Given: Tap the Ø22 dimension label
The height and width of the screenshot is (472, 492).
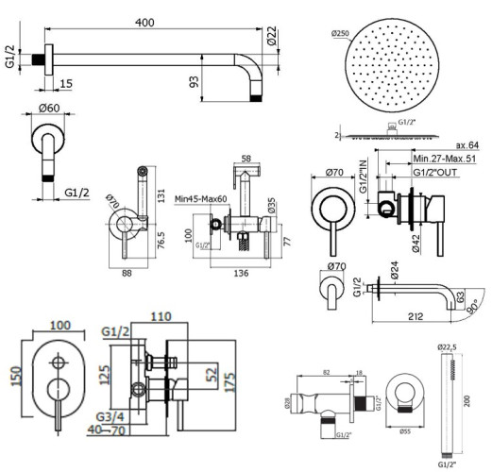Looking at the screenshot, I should pyautogui.click(x=272, y=37).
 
